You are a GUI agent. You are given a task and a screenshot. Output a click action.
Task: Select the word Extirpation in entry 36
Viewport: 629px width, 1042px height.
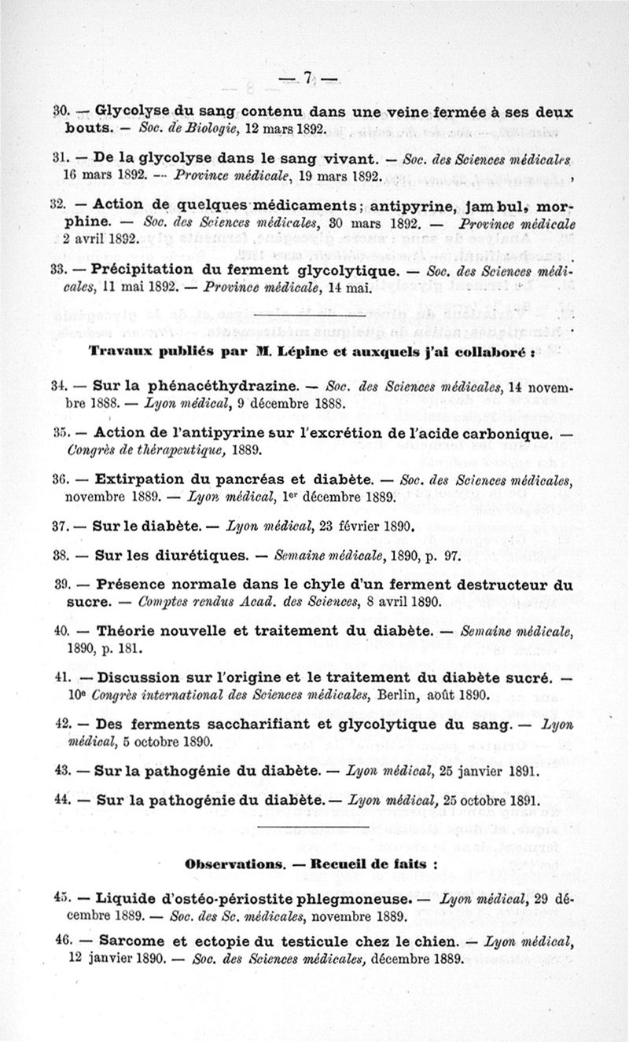pyautogui.click(x=137, y=480)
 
